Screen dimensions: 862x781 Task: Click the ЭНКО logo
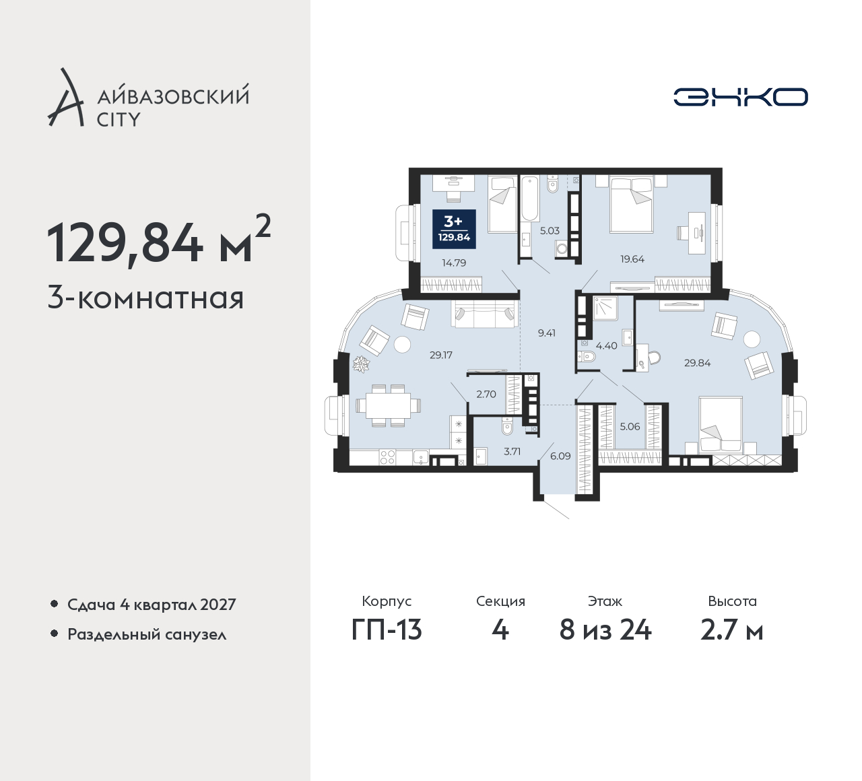click(740, 97)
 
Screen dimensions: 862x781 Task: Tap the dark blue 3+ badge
click(454, 229)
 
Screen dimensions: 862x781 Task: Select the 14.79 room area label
click(454, 263)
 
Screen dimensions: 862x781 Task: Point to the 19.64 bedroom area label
click(632, 259)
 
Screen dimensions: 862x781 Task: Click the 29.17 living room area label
click(441, 355)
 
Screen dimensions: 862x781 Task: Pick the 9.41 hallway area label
click(547, 333)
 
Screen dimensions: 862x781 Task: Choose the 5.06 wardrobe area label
click(630, 427)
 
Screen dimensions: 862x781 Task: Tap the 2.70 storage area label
click(486, 394)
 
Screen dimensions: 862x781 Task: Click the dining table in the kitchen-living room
click(388, 405)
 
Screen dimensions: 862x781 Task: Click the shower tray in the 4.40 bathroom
click(606, 308)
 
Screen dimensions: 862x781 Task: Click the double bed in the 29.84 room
click(720, 425)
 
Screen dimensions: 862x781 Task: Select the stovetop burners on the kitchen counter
click(388, 456)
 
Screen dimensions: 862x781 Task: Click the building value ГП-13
click(387, 630)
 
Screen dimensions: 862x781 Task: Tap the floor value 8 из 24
click(605, 630)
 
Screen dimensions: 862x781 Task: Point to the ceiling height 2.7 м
click(732, 630)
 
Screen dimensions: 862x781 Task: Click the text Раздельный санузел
click(147, 634)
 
